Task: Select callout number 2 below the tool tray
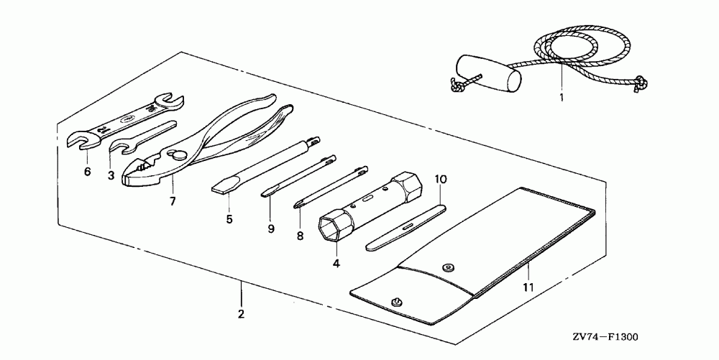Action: tap(242, 314)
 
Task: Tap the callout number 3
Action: tap(111, 175)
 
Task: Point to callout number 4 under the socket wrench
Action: tap(336, 263)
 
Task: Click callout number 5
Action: tap(229, 219)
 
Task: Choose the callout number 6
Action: tap(86, 173)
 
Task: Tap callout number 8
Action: tap(300, 234)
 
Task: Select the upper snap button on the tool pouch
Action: tap(448, 267)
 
